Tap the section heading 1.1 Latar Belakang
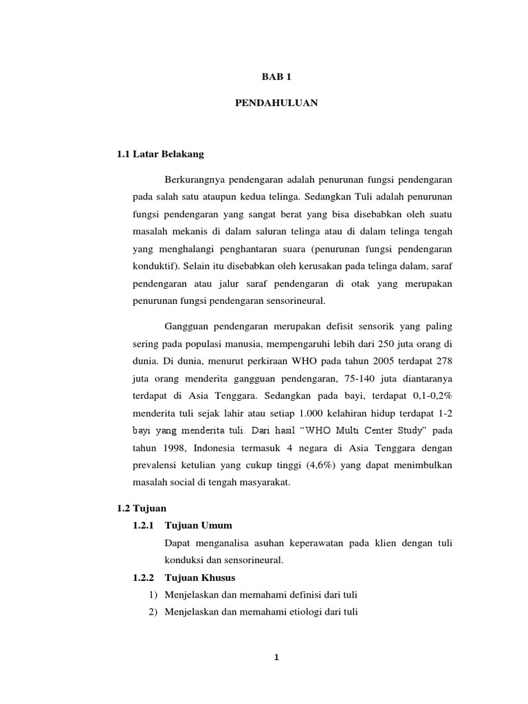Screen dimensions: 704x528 162,154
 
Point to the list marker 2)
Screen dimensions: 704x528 154,611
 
